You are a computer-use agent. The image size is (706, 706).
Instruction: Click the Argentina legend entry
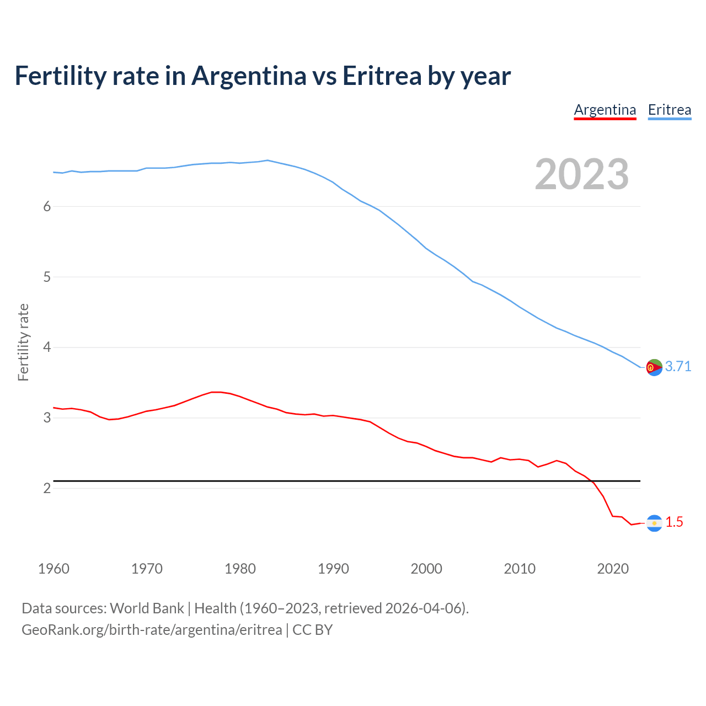pyautogui.click(x=605, y=110)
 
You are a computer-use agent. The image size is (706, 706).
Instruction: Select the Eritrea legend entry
pyautogui.click(x=669, y=110)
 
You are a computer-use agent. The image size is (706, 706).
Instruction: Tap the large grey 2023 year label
pyautogui.click(x=582, y=174)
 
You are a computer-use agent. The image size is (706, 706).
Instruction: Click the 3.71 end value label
pyautogui.click(x=678, y=366)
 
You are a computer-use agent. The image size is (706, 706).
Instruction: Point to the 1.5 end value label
pyautogui.click(x=674, y=522)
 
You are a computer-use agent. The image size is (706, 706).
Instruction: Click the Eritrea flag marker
pyautogui.click(x=654, y=367)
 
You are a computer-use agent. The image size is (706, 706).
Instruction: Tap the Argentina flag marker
pyautogui.click(x=654, y=523)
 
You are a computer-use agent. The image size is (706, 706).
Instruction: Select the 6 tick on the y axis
pyautogui.click(x=47, y=206)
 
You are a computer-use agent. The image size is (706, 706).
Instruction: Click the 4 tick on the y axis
pyautogui.click(x=47, y=347)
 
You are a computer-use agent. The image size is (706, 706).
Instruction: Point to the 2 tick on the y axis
pyautogui.click(x=47, y=489)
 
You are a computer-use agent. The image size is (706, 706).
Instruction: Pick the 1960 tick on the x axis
pyautogui.click(x=54, y=569)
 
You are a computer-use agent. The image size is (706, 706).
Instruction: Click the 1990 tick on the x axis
pyautogui.click(x=333, y=569)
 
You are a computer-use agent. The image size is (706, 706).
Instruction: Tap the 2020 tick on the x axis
pyautogui.click(x=613, y=569)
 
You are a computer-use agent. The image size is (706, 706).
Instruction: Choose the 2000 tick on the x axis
pyautogui.click(x=426, y=569)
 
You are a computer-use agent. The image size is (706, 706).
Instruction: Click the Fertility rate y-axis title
pyautogui.click(x=23, y=342)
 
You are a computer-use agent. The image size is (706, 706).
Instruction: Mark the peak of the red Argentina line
pyautogui.click(x=216, y=392)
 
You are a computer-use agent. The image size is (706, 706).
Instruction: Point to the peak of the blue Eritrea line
pyautogui.click(x=268, y=161)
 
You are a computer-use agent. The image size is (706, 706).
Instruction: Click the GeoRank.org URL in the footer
pyautogui.click(x=152, y=630)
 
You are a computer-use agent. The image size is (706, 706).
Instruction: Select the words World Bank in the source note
pyautogui.click(x=147, y=608)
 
